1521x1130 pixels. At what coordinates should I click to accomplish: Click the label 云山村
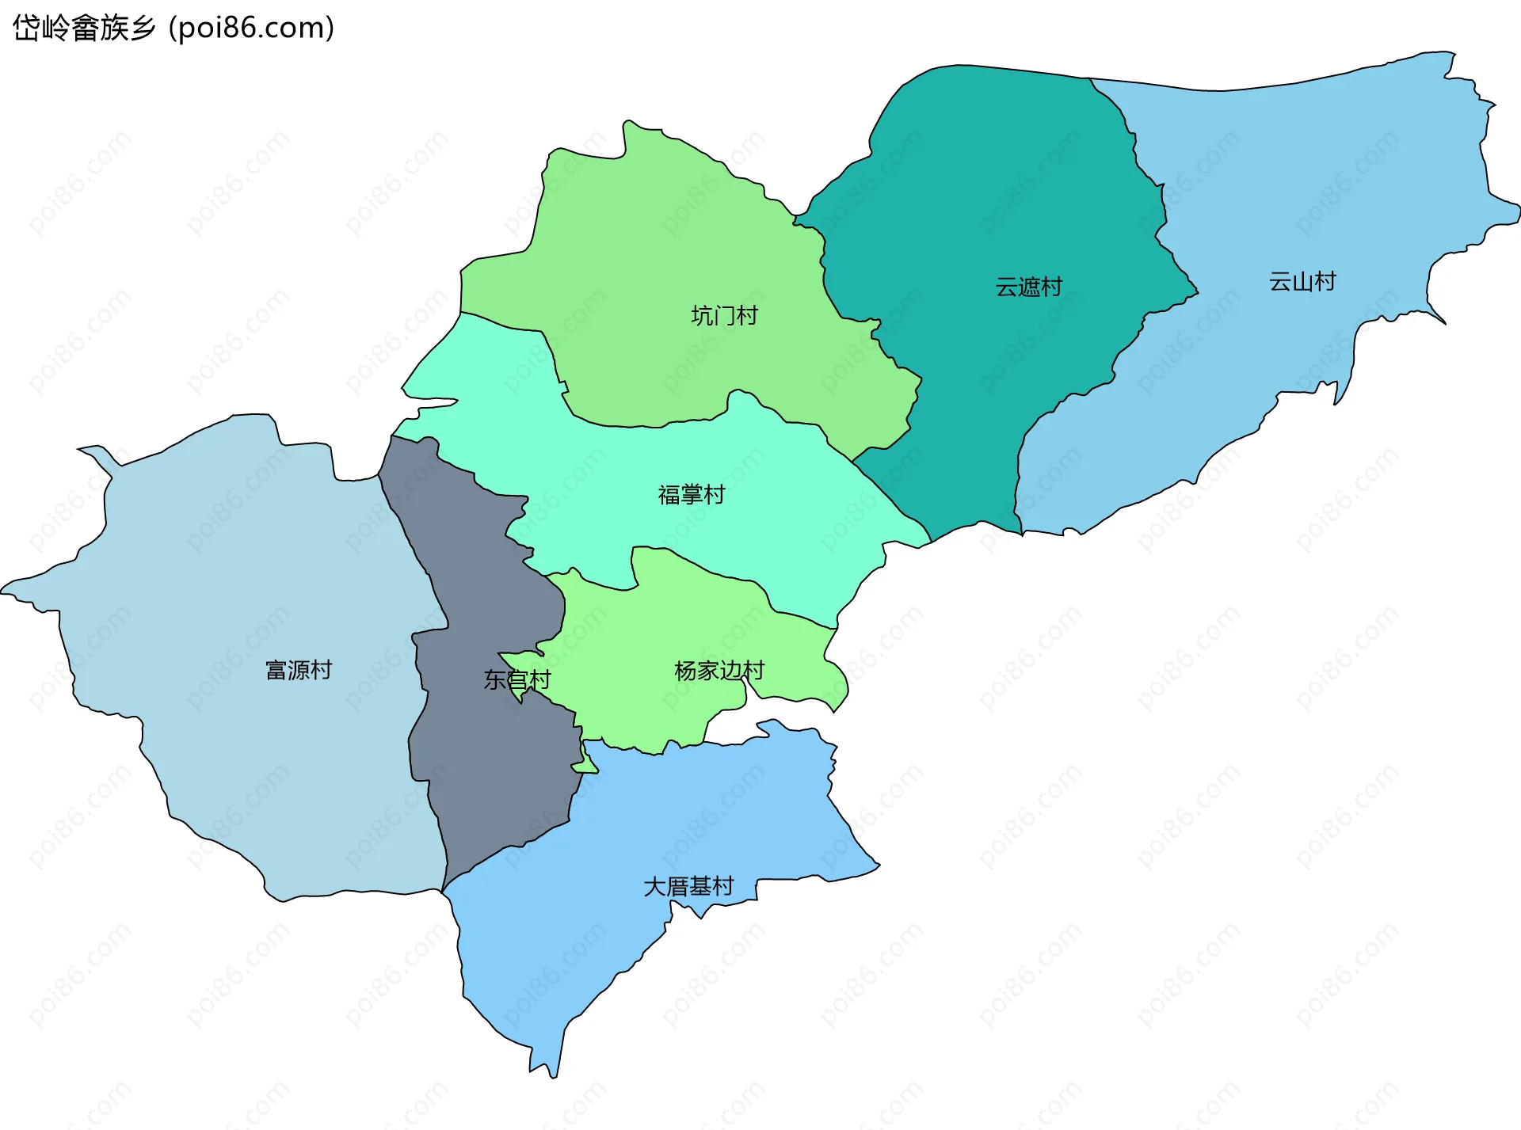[1302, 282]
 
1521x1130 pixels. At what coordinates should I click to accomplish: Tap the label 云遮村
[1028, 287]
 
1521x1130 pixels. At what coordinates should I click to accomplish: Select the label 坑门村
[724, 316]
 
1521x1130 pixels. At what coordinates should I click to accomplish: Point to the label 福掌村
[691, 495]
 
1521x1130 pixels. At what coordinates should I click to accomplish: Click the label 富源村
[299, 671]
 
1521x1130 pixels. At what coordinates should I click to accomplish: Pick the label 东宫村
[517, 680]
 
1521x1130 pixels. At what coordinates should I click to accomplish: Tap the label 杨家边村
[719, 672]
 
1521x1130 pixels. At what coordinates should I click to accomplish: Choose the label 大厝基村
[688, 886]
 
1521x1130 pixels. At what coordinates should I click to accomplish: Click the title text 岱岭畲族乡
[84, 29]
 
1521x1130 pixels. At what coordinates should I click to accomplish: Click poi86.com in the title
[252, 29]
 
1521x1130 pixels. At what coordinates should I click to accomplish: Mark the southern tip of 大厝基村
[554, 1075]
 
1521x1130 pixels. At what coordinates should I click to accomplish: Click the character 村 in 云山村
[1325, 282]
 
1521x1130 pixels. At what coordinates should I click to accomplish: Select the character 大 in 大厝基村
[654, 886]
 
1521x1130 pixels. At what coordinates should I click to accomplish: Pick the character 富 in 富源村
[276, 671]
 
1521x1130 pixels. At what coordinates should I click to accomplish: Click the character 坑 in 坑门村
[702, 316]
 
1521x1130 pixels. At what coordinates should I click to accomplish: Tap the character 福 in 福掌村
[669, 495]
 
